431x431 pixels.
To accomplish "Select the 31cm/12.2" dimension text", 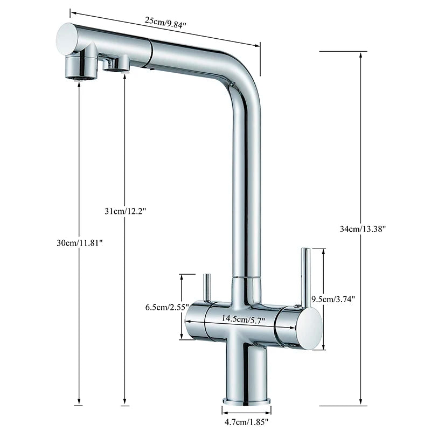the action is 125,211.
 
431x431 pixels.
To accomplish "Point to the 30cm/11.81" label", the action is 80,243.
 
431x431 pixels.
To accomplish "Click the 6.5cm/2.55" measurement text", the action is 167,307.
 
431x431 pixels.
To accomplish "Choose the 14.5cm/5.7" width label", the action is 244,319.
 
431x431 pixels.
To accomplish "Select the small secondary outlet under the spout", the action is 116,64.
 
